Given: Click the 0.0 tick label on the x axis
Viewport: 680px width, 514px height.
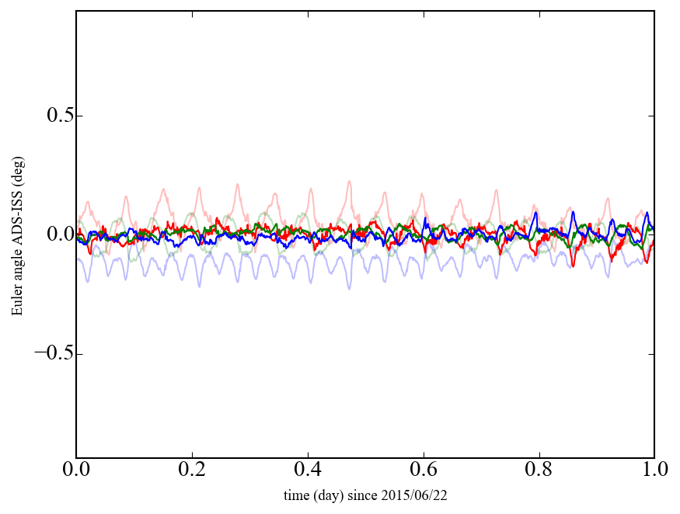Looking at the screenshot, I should point(76,471).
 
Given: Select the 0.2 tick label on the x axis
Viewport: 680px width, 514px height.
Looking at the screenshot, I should point(192,471).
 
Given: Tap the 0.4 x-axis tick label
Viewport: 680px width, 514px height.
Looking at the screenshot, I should point(308,471).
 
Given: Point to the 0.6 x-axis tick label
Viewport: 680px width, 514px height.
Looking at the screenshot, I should point(424,471).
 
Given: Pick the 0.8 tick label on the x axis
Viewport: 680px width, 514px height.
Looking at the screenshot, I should point(539,471).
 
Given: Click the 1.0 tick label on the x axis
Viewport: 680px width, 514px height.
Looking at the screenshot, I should point(654,471).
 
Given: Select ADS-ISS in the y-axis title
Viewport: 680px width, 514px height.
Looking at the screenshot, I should point(16,227).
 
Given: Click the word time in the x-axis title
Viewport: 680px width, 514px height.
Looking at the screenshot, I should point(295,495).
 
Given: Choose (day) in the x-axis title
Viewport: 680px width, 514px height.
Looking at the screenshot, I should point(326,495).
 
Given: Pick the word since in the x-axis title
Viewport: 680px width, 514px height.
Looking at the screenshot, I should point(360,495).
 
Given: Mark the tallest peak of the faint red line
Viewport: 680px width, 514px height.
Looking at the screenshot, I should point(349,181).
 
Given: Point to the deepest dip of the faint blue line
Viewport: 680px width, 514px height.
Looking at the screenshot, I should point(349,289).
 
